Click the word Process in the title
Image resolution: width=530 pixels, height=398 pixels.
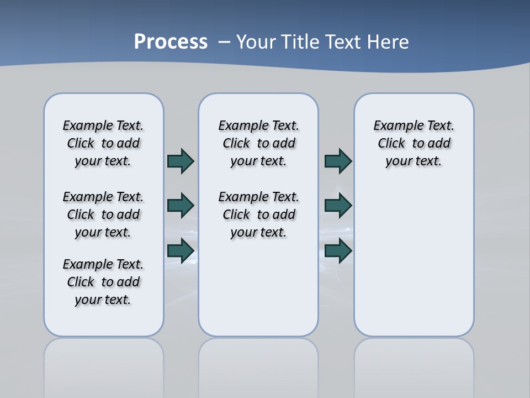pyautogui.click(x=171, y=42)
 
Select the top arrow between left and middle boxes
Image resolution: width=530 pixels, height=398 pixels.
pyautogui.click(x=181, y=161)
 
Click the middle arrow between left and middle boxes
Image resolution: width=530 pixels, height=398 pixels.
pyautogui.click(x=181, y=206)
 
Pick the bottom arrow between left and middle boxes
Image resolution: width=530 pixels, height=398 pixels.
pyautogui.click(x=181, y=251)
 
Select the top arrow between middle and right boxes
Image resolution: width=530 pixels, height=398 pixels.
pyautogui.click(x=338, y=161)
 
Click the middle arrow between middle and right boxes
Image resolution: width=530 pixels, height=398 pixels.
pyautogui.click(x=338, y=206)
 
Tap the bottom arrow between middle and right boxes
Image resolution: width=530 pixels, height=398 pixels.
pyautogui.click(x=338, y=251)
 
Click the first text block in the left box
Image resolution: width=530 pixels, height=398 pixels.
pyautogui.click(x=103, y=143)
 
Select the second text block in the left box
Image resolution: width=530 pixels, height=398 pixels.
pyautogui.click(x=103, y=214)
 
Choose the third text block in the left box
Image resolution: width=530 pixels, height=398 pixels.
pyautogui.click(x=103, y=282)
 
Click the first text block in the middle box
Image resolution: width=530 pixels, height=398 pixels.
pyautogui.click(x=258, y=143)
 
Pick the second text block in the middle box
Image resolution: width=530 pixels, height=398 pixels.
pyautogui.click(x=258, y=214)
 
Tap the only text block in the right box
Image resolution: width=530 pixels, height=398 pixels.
pyautogui.click(x=414, y=143)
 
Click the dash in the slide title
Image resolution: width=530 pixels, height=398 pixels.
pyautogui.click(x=224, y=42)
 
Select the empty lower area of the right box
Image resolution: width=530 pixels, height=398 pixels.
pyautogui.click(x=414, y=265)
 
